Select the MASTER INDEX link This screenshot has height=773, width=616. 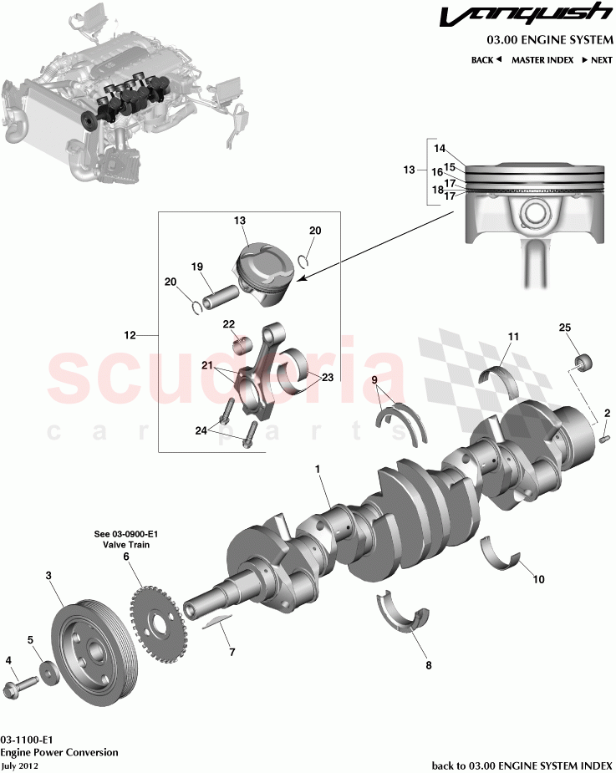pyautogui.click(x=542, y=60)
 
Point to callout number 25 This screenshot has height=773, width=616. pyautogui.click(x=564, y=328)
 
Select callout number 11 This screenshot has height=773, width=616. pyautogui.click(x=513, y=336)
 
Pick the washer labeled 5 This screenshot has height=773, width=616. pyautogui.click(x=48, y=672)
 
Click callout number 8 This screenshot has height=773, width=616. pyautogui.click(x=429, y=665)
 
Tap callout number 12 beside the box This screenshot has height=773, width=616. pyautogui.click(x=130, y=336)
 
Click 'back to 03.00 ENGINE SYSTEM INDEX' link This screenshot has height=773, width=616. pyautogui.click(x=521, y=765)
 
